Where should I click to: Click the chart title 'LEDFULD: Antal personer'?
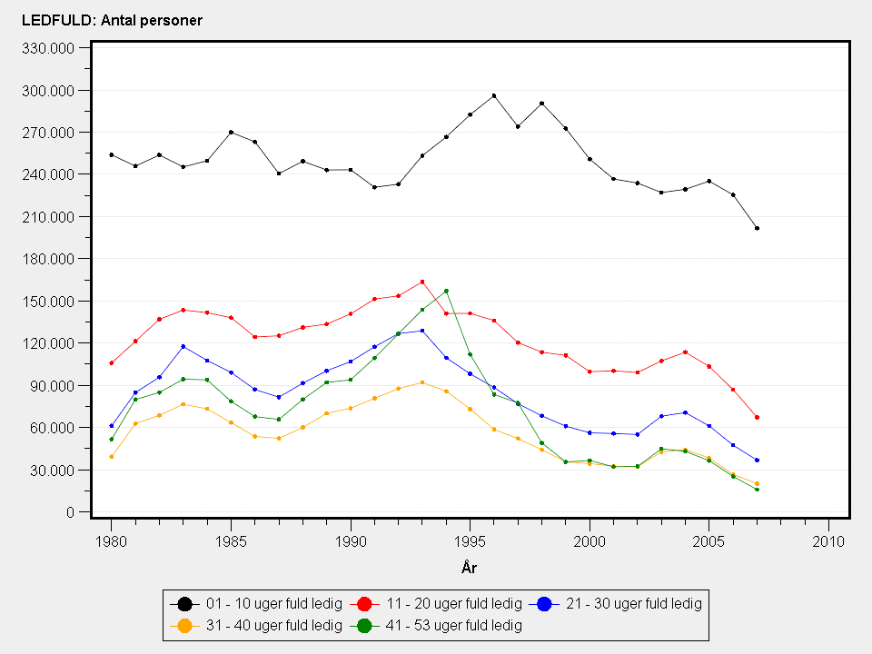pos(112,20)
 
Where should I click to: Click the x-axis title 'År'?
pos(469,568)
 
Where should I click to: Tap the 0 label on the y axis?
pos(71,512)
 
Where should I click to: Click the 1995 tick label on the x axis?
pos(470,541)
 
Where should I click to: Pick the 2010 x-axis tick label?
pos(828,541)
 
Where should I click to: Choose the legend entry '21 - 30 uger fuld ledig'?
pos(634,603)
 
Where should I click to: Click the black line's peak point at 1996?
pos(494,95)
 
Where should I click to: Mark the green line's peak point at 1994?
pos(446,291)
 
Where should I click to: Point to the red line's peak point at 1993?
pos(422,282)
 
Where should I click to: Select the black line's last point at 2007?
pos(757,228)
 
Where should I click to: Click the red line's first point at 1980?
pos(112,363)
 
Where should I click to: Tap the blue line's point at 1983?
pos(183,346)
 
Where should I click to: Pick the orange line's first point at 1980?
pos(112,456)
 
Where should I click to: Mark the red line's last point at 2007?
pos(757,418)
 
